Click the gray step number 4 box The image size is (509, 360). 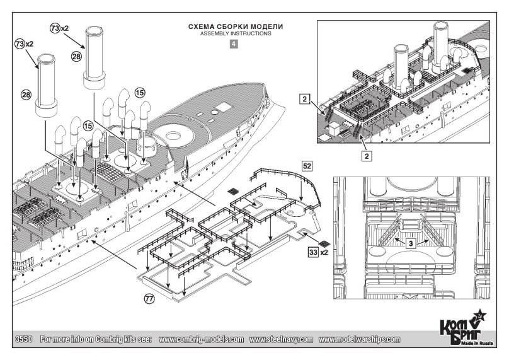(234, 44)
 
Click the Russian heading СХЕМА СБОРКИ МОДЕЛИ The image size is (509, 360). (236, 26)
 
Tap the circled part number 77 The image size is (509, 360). (149, 299)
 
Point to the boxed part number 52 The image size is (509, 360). (307, 166)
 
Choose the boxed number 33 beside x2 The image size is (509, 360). (314, 252)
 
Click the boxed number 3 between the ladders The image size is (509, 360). (411, 243)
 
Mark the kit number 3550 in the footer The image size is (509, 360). (24, 340)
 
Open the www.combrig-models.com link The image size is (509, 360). (201, 340)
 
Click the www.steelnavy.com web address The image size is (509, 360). (281, 340)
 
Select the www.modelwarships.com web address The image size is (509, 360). (359, 340)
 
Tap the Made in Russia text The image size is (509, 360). (481, 344)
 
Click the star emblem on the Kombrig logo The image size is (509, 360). (479, 315)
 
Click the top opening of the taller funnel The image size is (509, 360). (94, 31)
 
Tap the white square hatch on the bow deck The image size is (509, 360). (222, 107)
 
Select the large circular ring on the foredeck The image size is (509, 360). (173, 135)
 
